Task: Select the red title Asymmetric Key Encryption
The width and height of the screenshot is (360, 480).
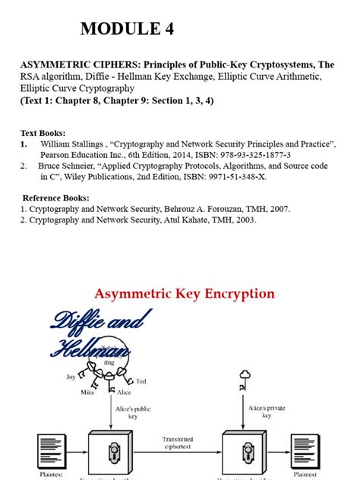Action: click(183, 293)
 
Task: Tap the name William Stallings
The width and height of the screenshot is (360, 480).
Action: click(69, 144)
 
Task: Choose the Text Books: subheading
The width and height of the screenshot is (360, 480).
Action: click(43, 132)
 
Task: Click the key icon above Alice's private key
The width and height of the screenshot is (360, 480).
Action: click(245, 376)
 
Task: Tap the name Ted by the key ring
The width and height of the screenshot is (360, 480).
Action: click(141, 381)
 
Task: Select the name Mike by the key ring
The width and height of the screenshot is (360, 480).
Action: click(88, 392)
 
